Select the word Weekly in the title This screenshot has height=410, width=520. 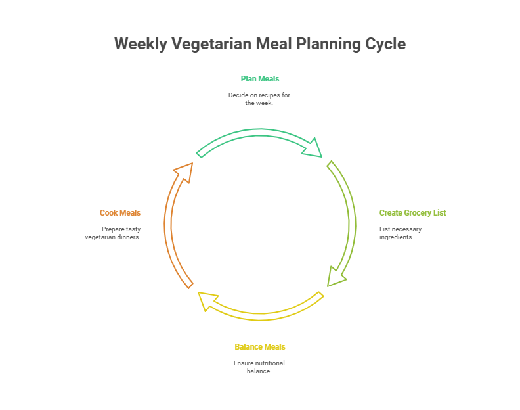141,44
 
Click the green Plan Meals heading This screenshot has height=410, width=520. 260,79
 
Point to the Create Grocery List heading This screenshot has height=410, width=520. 412,213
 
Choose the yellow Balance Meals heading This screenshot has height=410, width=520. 260,347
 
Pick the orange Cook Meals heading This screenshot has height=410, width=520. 120,213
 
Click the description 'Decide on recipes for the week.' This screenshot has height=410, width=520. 259,99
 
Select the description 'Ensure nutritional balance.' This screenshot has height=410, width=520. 259,367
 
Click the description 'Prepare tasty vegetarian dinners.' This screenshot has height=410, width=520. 113,233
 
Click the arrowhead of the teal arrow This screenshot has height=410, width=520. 313,148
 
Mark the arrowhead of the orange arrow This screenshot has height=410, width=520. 184,170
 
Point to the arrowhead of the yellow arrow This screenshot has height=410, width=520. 209,301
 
